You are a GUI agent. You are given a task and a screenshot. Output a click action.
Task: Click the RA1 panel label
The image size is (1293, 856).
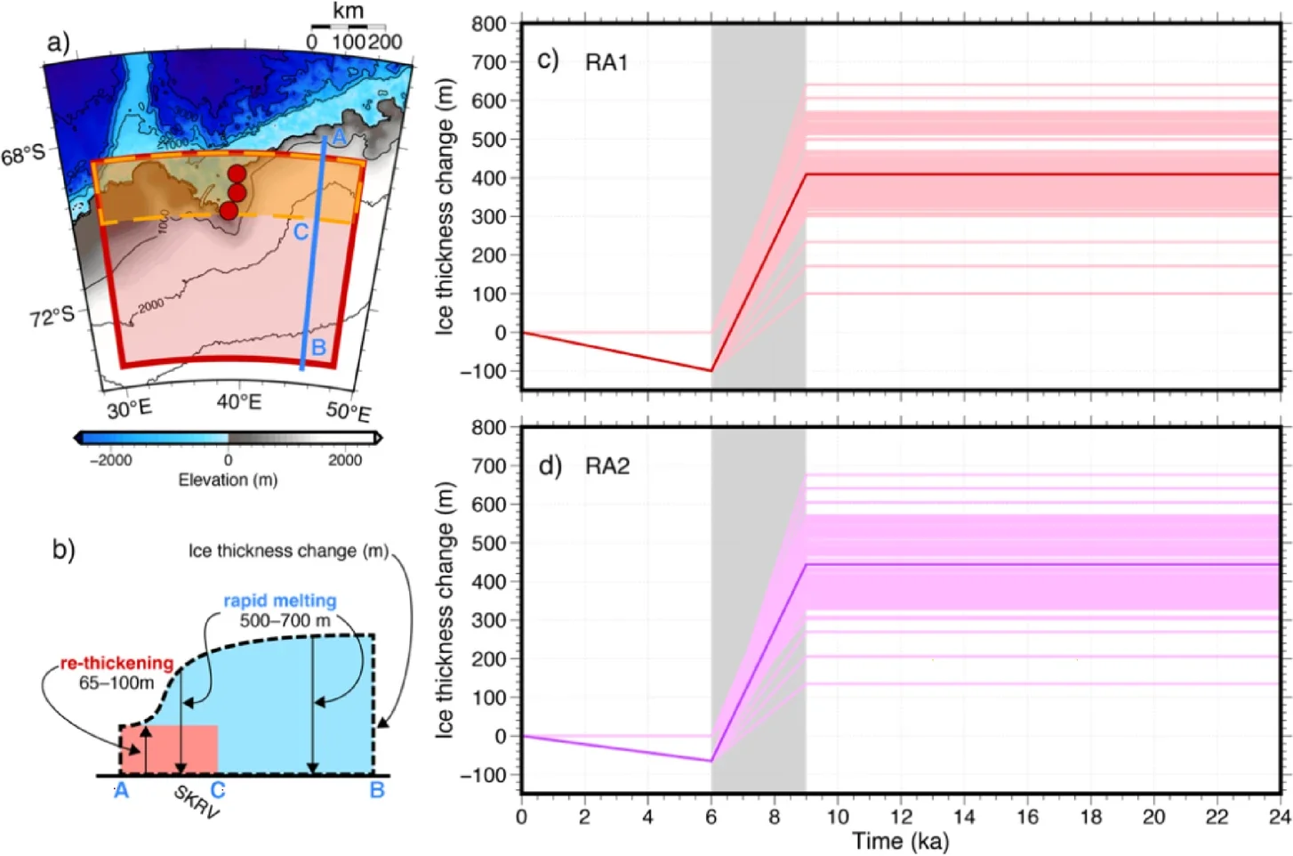pyautogui.click(x=606, y=62)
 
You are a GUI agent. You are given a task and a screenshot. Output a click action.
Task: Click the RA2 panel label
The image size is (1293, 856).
pyautogui.click(x=607, y=466)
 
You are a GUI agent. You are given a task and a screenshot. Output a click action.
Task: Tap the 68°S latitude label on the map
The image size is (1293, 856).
pyautogui.click(x=23, y=156)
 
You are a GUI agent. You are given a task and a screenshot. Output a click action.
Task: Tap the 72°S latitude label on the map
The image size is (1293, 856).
pyautogui.click(x=52, y=315)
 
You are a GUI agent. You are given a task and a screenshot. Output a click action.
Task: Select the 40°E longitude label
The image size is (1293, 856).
pyautogui.click(x=239, y=402)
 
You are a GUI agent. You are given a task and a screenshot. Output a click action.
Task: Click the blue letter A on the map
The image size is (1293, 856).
pyautogui.click(x=338, y=137)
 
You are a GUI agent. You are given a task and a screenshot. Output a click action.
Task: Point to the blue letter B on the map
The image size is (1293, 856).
pyautogui.click(x=318, y=347)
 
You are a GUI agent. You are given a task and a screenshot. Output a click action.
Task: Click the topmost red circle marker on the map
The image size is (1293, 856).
pyautogui.click(x=237, y=174)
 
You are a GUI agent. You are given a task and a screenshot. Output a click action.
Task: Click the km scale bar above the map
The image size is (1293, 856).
pyautogui.click(x=348, y=27)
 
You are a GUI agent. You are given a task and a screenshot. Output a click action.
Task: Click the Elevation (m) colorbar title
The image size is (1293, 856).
pyautogui.click(x=228, y=480)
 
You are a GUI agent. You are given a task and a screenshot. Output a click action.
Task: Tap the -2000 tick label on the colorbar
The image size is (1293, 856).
pyautogui.click(x=111, y=460)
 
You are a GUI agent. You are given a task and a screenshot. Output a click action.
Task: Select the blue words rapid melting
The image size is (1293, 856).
pyautogui.click(x=280, y=601)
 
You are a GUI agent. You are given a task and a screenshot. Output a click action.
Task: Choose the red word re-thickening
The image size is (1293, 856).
pyautogui.click(x=116, y=663)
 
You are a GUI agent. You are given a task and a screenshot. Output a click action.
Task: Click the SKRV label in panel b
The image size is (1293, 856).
pyautogui.click(x=196, y=803)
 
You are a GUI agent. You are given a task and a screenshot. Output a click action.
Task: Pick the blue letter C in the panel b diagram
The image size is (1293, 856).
pyautogui.click(x=217, y=789)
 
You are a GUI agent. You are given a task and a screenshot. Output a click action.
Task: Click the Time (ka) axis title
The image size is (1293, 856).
pyautogui.click(x=900, y=841)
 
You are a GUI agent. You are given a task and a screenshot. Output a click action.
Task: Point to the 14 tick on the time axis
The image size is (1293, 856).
pyautogui.click(x=964, y=817)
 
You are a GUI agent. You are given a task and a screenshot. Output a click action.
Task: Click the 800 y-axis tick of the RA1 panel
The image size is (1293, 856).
pyautogui.click(x=489, y=24)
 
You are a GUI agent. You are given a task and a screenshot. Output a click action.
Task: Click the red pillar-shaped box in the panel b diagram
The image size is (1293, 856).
pyautogui.click(x=169, y=749)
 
